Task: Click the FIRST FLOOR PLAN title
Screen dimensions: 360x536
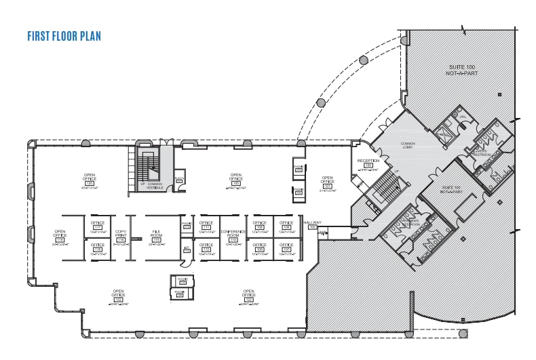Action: point(64,36)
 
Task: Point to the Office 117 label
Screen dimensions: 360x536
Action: point(98,226)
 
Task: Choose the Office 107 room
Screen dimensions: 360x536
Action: point(286,248)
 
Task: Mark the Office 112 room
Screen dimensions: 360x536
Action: point(206,248)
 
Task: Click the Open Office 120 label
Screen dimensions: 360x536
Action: point(90,179)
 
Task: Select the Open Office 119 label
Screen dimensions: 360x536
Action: point(60,236)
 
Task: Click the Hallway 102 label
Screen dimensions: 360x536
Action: point(312,224)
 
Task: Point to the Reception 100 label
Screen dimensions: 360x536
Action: point(368,164)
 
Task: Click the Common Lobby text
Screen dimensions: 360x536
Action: point(408,144)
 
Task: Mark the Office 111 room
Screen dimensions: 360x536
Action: point(206,226)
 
